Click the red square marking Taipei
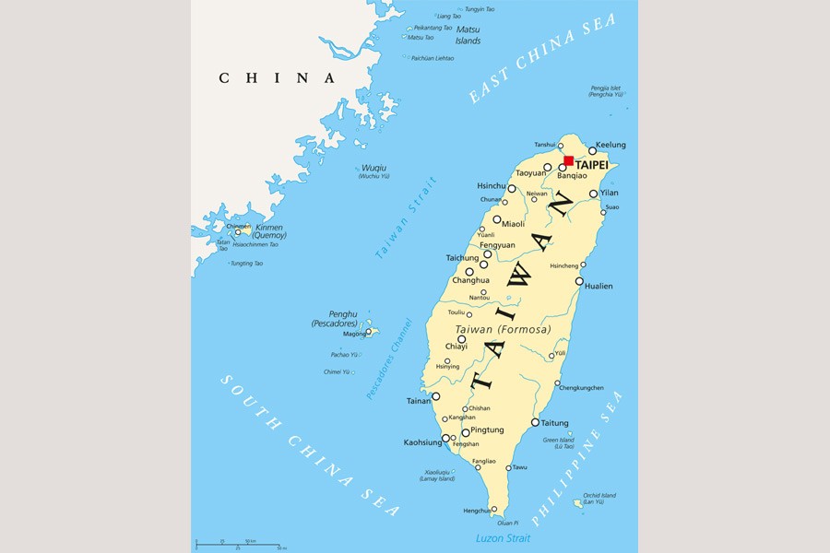coord(568,160)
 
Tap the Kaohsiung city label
coord(422,442)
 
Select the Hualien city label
coord(598,286)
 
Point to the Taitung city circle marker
coord(535,422)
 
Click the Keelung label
coord(611,145)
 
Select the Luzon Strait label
coord(503,538)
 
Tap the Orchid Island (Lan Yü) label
coord(599,499)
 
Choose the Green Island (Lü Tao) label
coord(558,443)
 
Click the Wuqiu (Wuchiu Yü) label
coord(374,171)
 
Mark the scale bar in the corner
coord(240,544)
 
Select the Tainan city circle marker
coord(435,396)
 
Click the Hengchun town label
coord(476,510)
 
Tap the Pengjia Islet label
coord(611,91)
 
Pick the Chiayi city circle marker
coord(461,339)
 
